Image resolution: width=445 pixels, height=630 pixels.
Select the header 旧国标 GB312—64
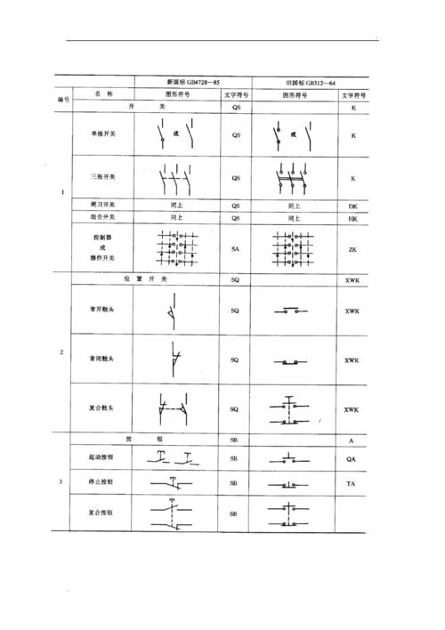(295, 81)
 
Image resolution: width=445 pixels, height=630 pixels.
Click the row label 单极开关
(102, 136)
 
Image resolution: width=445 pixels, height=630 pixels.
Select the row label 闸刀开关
(102, 204)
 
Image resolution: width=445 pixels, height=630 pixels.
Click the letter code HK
(352, 217)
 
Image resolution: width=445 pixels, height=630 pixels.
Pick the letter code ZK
(352, 249)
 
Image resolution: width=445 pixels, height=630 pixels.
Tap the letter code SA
(235, 249)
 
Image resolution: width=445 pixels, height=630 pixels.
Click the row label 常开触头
(101, 311)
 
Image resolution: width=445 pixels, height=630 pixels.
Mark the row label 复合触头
(101, 408)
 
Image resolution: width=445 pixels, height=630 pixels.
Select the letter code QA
(352, 459)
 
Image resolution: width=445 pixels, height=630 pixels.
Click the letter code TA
(352, 482)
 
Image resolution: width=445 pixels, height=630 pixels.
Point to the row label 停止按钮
(101, 482)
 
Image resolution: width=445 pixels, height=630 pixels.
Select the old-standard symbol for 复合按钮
(287, 513)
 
